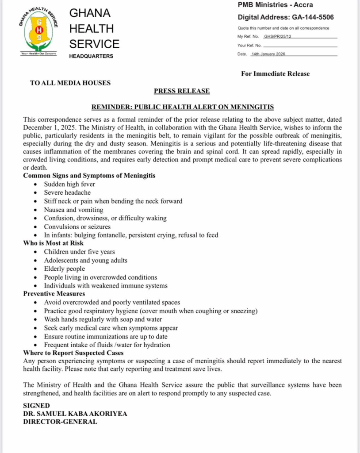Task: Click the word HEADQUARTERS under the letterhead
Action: point(91,56)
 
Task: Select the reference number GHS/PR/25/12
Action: point(278,37)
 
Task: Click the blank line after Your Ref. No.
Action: point(301,46)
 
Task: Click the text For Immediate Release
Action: point(275,74)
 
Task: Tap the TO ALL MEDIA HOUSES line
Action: point(70,83)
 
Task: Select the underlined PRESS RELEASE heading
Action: point(182,91)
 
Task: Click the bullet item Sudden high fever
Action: point(69,184)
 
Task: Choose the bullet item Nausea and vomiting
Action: point(73,210)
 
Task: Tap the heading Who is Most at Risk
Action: point(53,243)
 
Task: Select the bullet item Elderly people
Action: point(65,269)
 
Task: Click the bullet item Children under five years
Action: point(80,252)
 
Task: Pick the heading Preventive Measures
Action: point(54,294)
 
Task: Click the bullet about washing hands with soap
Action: point(103,319)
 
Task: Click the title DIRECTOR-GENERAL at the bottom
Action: point(60,422)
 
